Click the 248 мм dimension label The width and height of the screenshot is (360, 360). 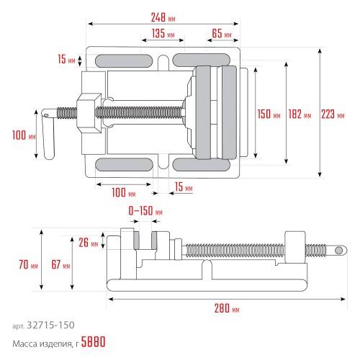point(163,17)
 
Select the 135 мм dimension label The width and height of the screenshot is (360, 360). point(163,33)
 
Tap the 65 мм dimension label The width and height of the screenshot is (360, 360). point(222,33)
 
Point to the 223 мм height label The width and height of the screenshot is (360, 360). point(333,114)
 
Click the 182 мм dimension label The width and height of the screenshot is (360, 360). point(300,114)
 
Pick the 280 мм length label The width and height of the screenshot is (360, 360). point(227,308)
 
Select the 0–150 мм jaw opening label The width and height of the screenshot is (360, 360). point(145,211)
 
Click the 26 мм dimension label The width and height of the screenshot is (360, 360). point(89,243)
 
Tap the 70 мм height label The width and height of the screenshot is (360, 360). point(28,264)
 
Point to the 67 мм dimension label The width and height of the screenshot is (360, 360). point(60,264)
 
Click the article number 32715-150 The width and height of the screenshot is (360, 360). point(50,325)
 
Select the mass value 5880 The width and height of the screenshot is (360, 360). point(93,342)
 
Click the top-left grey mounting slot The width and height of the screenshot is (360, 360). point(124,60)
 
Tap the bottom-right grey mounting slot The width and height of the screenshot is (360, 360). point(201,165)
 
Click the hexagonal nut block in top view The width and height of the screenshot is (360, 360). point(89,113)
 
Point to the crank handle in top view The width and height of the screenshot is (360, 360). point(48,134)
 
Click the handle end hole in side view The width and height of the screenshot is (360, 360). point(338,251)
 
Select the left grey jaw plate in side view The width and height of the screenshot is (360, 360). point(136,240)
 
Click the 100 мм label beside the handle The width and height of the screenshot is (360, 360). point(24,135)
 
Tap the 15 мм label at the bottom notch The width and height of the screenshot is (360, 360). point(184,186)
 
